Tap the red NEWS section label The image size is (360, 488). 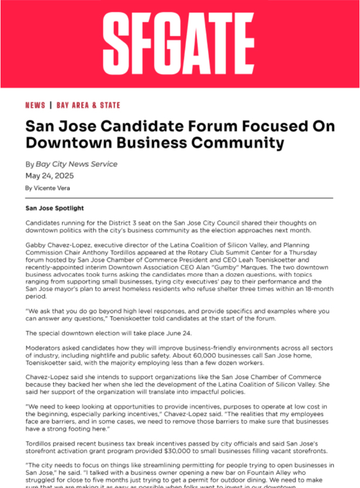click(35, 105)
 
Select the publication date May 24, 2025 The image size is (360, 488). click(50, 176)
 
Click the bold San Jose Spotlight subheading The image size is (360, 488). click(55, 208)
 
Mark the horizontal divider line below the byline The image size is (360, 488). click(180, 198)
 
